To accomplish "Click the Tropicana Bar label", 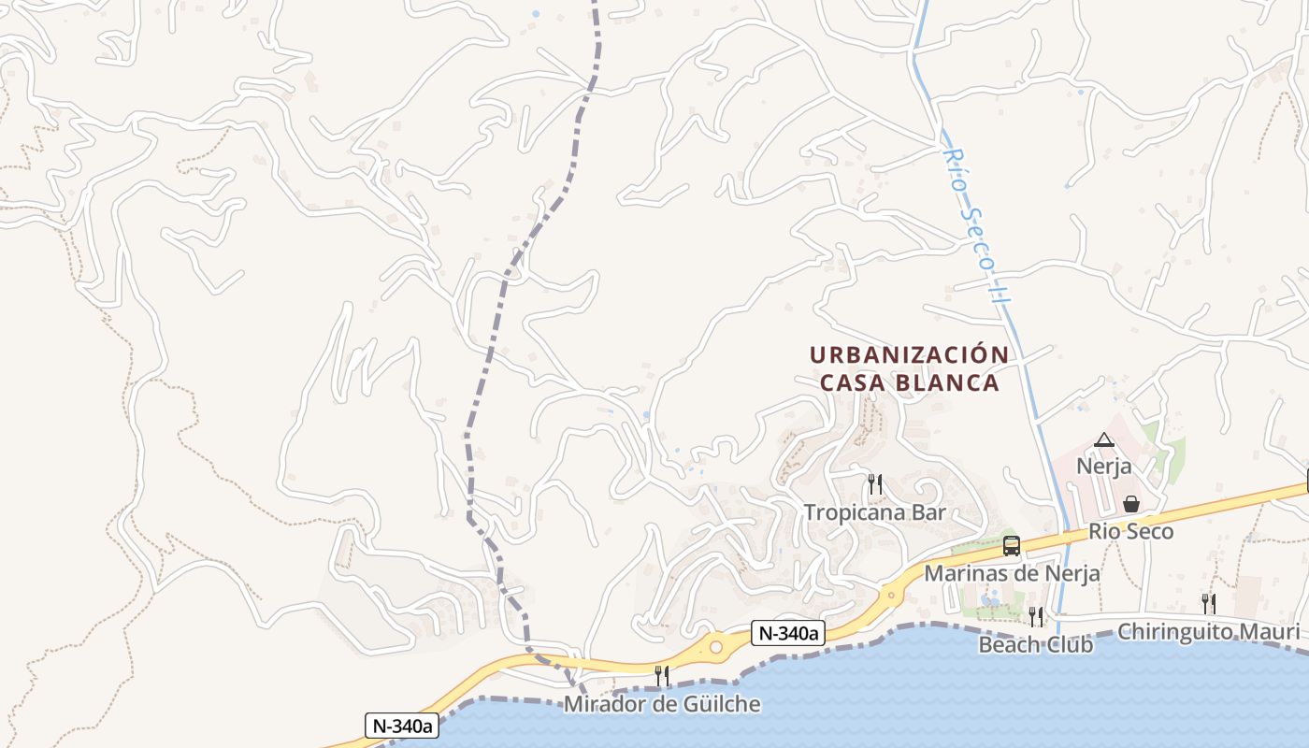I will [x=875, y=512].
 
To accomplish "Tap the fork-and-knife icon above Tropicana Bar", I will [x=875, y=483].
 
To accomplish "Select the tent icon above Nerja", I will [x=1104, y=439].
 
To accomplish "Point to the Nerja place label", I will [x=1104, y=466].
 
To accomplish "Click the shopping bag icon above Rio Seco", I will [x=1130, y=504].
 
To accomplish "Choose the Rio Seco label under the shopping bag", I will [x=1130, y=531].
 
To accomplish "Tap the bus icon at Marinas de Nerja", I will [x=1011, y=546].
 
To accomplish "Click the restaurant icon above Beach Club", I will [x=1036, y=616].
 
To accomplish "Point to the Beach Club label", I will [x=1036, y=644].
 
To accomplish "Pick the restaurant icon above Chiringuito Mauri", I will [x=1208, y=603].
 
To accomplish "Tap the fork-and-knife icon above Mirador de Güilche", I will [x=662, y=675].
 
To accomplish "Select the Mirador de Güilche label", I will [x=662, y=703].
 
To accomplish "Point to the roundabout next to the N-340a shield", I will [x=716, y=646].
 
